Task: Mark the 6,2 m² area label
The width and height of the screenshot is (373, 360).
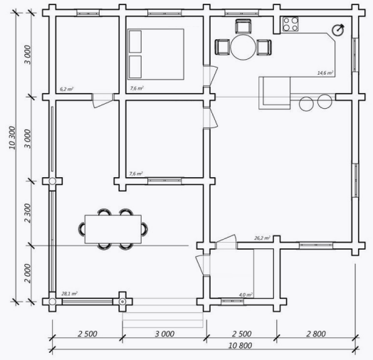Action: tap(68, 90)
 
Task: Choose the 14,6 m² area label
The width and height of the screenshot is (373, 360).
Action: tap(325, 73)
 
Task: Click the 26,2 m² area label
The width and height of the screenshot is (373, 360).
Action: tap(262, 239)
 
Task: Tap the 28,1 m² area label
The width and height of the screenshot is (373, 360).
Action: tap(69, 292)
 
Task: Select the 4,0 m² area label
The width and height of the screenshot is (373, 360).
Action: tap(246, 293)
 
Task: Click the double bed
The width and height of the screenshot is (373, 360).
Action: tap(155, 53)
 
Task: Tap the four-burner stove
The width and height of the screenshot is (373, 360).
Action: tap(290, 25)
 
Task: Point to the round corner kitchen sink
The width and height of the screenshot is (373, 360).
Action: tap(338, 30)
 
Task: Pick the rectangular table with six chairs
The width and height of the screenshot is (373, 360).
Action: tap(115, 229)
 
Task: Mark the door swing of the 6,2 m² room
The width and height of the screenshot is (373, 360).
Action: tap(103, 102)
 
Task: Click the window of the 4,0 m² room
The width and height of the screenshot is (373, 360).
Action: tap(232, 301)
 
